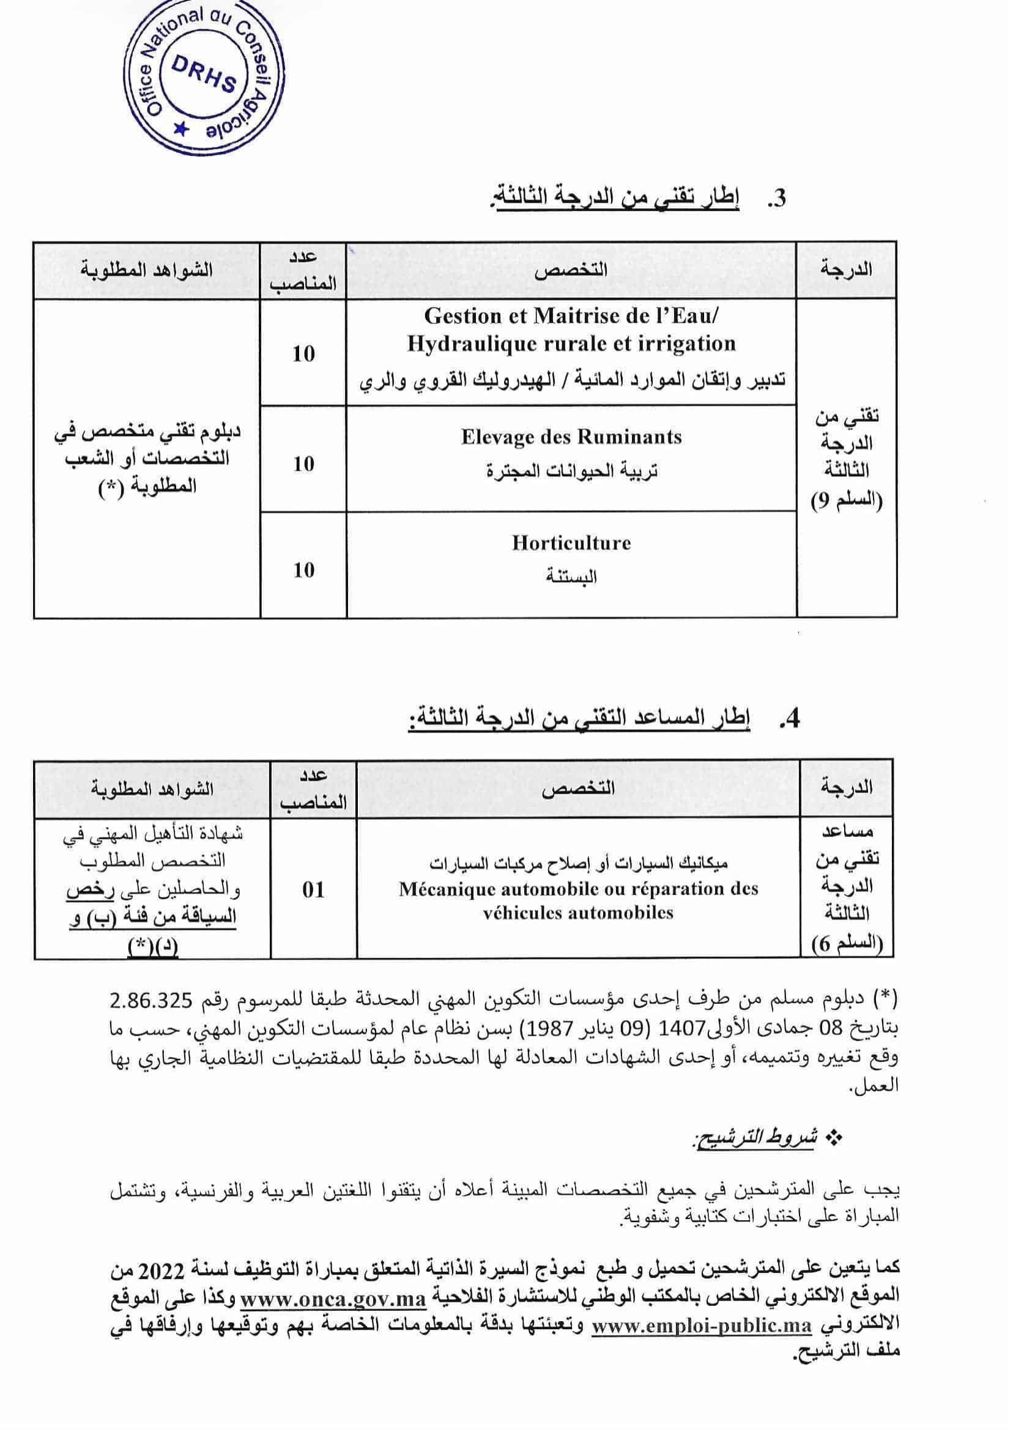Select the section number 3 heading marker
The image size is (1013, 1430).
click(x=776, y=199)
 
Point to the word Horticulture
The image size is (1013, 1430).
click(x=571, y=543)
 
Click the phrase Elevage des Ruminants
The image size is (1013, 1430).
click(x=571, y=437)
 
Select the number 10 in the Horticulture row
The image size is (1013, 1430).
click(x=304, y=570)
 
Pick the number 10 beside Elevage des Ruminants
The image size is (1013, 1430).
click(x=304, y=464)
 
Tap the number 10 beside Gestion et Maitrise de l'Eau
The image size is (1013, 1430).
click(x=304, y=354)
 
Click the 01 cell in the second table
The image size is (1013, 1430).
click(x=313, y=890)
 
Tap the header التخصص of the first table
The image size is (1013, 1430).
click(x=571, y=269)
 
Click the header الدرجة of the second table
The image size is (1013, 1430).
click(x=847, y=787)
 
